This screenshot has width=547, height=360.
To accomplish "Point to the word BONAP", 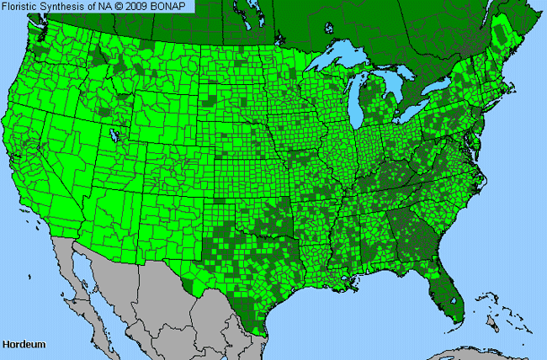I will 173,6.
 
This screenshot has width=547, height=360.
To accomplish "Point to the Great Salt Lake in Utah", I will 114,135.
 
